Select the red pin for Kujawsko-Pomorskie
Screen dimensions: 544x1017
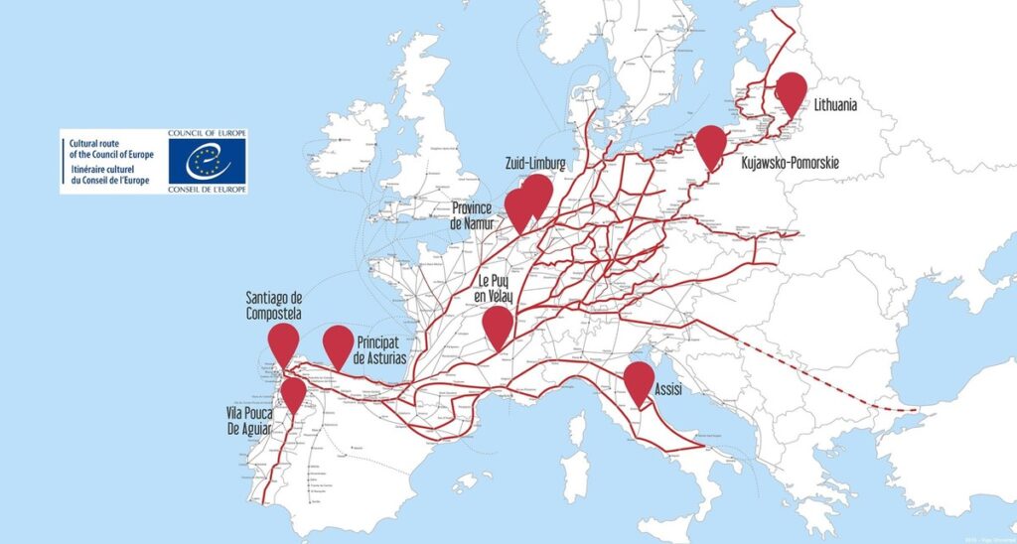click(710, 144)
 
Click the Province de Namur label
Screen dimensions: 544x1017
click(473, 215)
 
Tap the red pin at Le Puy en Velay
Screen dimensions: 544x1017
click(498, 325)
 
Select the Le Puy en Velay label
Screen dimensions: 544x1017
click(499, 288)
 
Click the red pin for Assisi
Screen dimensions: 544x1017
click(639, 380)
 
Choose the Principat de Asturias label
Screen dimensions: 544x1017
click(379, 349)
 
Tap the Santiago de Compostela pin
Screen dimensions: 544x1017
click(284, 341)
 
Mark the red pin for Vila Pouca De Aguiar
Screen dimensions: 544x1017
click(293, 393)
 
